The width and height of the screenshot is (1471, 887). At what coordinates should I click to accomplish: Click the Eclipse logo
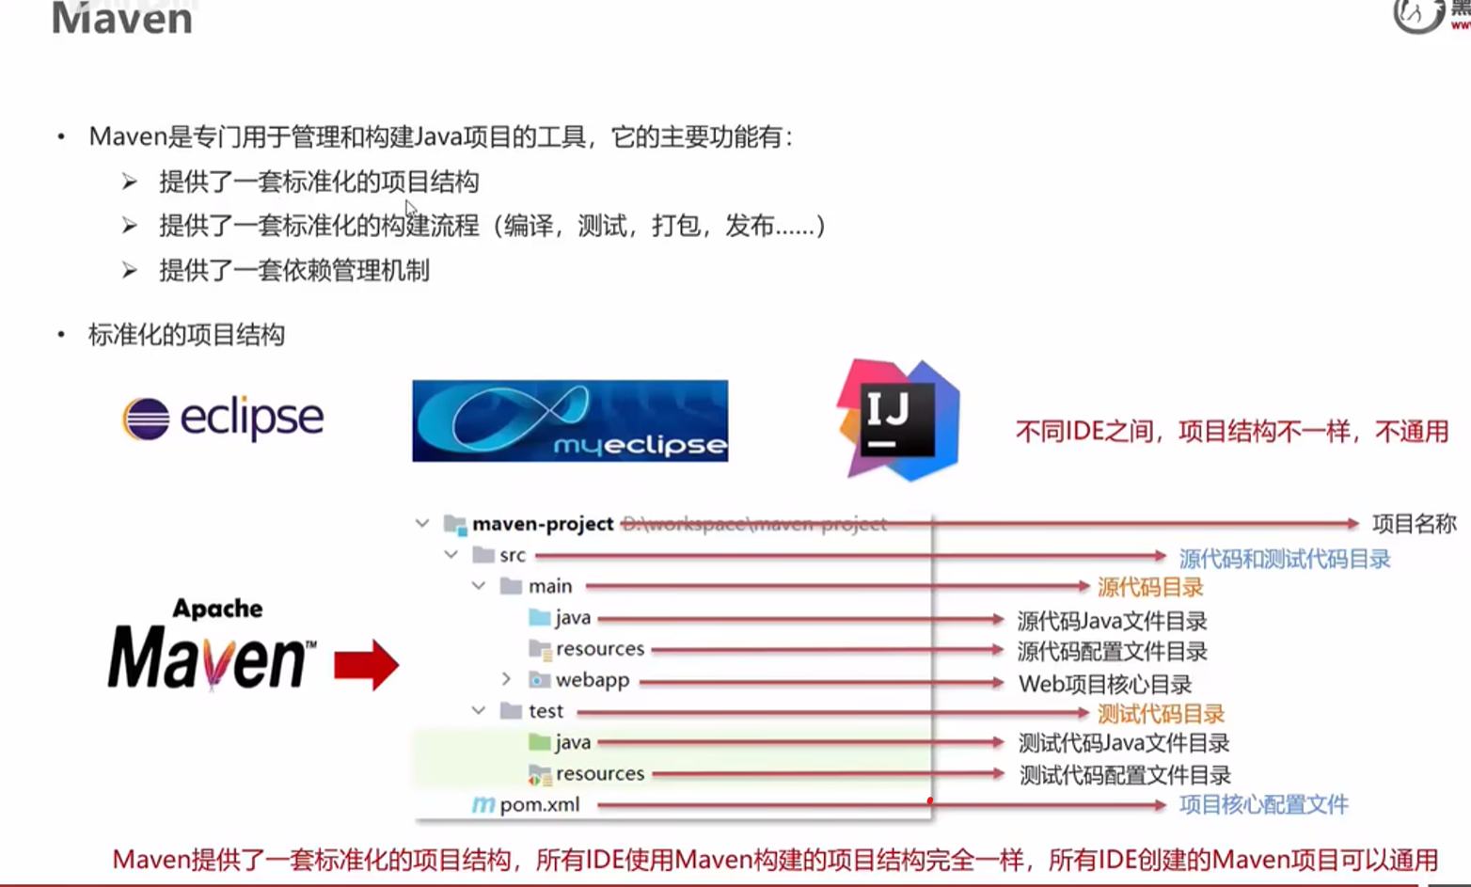pyautogui.click(x=224, y=419)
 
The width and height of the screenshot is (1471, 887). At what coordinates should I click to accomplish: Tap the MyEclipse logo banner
pyautogui.click(x=570, y=420)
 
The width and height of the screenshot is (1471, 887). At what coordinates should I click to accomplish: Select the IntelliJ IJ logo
pyautogui.click(x=898, y=420)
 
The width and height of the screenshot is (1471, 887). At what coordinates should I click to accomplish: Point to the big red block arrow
pyautogui.click(x=366, y=665)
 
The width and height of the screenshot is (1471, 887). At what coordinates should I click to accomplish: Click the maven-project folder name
pyautogui.click(x=543, y=524)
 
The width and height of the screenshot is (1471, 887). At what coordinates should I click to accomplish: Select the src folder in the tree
pyautogui.click(x=512, y=555)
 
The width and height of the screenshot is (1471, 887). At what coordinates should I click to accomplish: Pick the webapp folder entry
pyautogui.click(x=592, y=680)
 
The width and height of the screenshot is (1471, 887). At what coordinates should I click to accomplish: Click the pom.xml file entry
pyautogui.click(x=539, y=805)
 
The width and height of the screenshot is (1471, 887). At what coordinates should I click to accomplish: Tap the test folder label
pyautogui.click(x=546, y=711)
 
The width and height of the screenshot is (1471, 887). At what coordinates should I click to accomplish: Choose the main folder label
pyautogui.click(x=550, y=586)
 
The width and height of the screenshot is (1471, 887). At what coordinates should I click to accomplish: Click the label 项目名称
pyautogui.click(x=1414, y=524)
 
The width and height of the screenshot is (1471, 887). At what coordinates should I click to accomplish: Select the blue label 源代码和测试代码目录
pyautogui.click(x=1284, y=559)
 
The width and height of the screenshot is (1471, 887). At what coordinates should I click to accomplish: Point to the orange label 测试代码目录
pyautogui.click(x=1161, y=714)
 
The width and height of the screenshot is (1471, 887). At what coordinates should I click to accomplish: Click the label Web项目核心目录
pyautogui.click(x=1104, y=684)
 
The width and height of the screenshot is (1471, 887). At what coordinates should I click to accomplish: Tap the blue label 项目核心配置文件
pyautogui.click(x=1263, y=805)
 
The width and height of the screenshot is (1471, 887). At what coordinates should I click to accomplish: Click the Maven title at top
pyautogui.click(x=122, y=19)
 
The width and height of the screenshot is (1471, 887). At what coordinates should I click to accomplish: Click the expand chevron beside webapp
pyautogui.click(x=506, y=679)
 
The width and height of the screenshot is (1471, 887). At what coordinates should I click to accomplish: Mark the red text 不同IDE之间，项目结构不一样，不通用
pyautogui.click(x=1231, y=432)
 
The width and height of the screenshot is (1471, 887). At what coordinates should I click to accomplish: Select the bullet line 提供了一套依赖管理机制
pyautogui.click(x=294, y=271)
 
